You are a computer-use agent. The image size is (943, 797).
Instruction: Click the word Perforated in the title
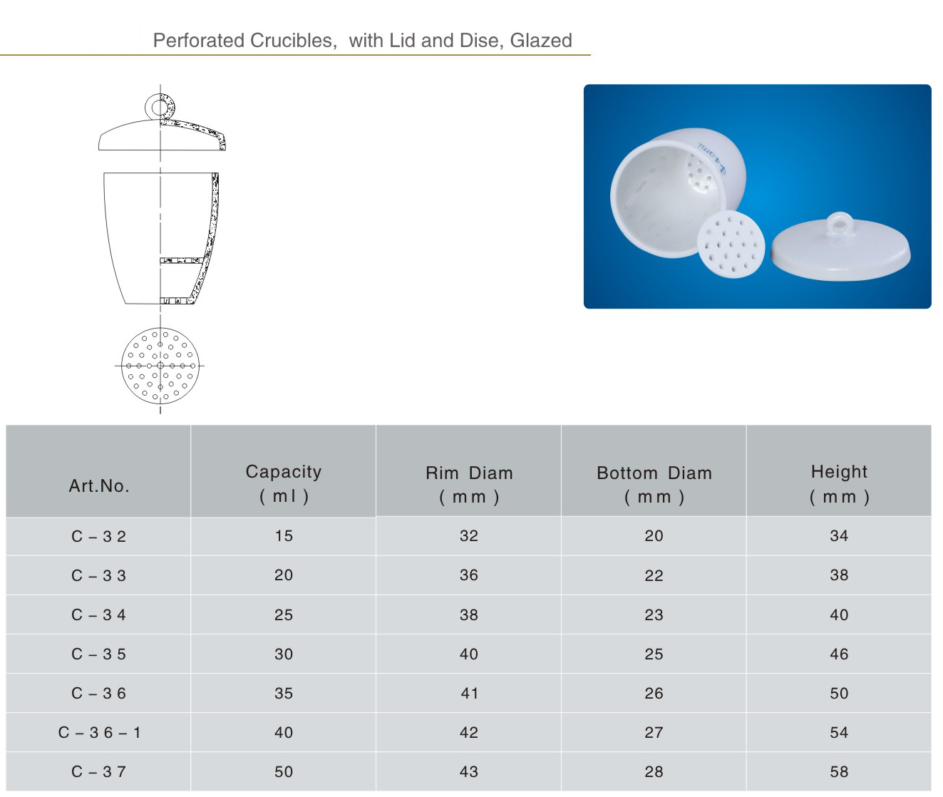[198, 40]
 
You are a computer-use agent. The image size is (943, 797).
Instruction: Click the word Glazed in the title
[540, 40]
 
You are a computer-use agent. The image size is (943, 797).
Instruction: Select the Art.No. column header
[99, 485]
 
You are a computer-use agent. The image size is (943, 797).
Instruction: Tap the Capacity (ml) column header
[284, 483]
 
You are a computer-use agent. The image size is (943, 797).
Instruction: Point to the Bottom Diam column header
[654, 484]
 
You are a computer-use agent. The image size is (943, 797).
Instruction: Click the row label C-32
[98, 536]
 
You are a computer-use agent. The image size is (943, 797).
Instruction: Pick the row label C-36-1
[99, 732]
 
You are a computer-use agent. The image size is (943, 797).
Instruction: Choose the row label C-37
[98, 772]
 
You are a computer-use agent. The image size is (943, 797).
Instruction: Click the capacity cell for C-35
[284, 654]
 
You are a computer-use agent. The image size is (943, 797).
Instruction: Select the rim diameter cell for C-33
[469, 575]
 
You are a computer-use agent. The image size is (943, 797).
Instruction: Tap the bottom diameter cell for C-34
[654, 615]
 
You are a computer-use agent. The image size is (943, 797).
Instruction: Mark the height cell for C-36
[839, 693]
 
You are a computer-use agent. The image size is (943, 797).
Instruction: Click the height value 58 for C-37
[839, 772]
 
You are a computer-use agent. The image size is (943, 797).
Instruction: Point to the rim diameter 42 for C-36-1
[469, 732]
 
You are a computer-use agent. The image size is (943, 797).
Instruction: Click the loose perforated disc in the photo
[731, 244]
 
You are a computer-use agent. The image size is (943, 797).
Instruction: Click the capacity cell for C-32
[284, 536]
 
